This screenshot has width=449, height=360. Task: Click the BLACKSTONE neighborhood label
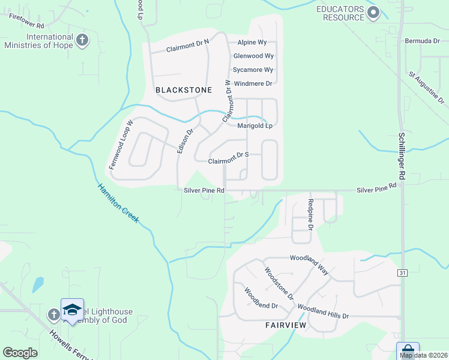(x=184, y=90)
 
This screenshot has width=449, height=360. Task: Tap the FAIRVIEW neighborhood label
(x=286, y=325)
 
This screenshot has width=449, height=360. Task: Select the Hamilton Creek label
(x=118, y=203)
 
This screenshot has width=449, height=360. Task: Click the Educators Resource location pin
(x=374, y=12)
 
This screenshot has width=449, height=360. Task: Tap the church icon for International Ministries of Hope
(x=83, y=40)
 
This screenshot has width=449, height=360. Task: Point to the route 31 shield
(x=402, y=273)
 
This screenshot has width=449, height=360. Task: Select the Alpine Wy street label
(x=252, y=43)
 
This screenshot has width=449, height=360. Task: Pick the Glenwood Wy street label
(x=253, y=56)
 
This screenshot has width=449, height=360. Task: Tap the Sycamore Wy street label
(x=253, y=70)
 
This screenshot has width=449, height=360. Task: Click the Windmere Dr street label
(x=253, y=83)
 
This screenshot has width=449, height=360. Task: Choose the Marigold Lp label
(x=255, y=126)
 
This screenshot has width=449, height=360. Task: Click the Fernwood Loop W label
(x=120, y=143)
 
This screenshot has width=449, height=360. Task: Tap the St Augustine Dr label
(x=426, y=87)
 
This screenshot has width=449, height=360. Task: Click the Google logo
(x=20, y=352)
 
